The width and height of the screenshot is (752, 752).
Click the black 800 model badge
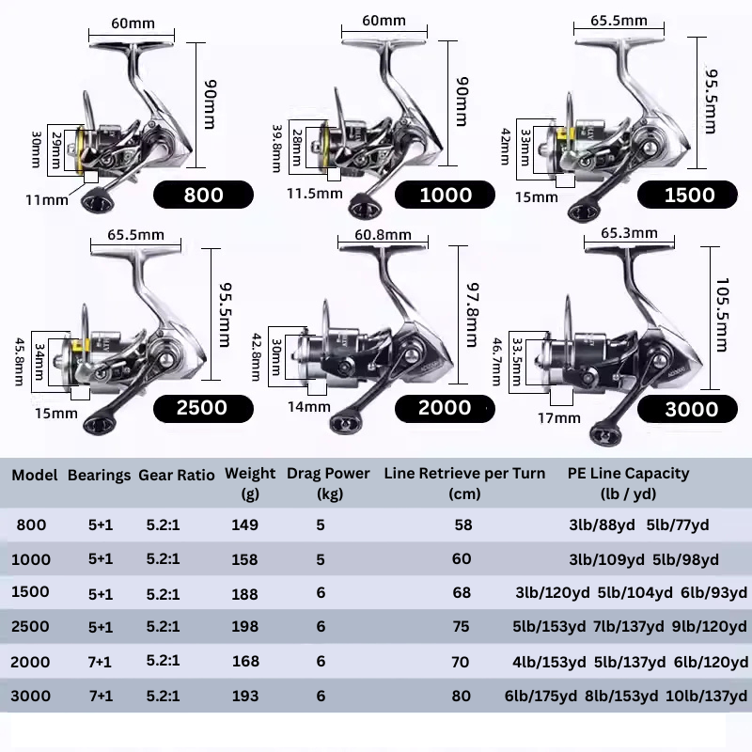coord(204,195)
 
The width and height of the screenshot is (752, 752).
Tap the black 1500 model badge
coord(689,195)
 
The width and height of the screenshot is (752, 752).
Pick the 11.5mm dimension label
coord(312,194)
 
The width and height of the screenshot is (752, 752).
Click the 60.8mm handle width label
coord(384,235)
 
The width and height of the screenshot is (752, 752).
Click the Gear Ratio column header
coord(177,475)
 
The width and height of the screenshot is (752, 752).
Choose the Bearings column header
coord(99,475)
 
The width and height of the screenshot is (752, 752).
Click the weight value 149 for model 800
coord(244,525)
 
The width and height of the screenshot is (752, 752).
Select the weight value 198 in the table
coord(244,627)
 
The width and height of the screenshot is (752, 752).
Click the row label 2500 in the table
coord(30,627)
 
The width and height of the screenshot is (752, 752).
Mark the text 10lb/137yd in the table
coord(708,696)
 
